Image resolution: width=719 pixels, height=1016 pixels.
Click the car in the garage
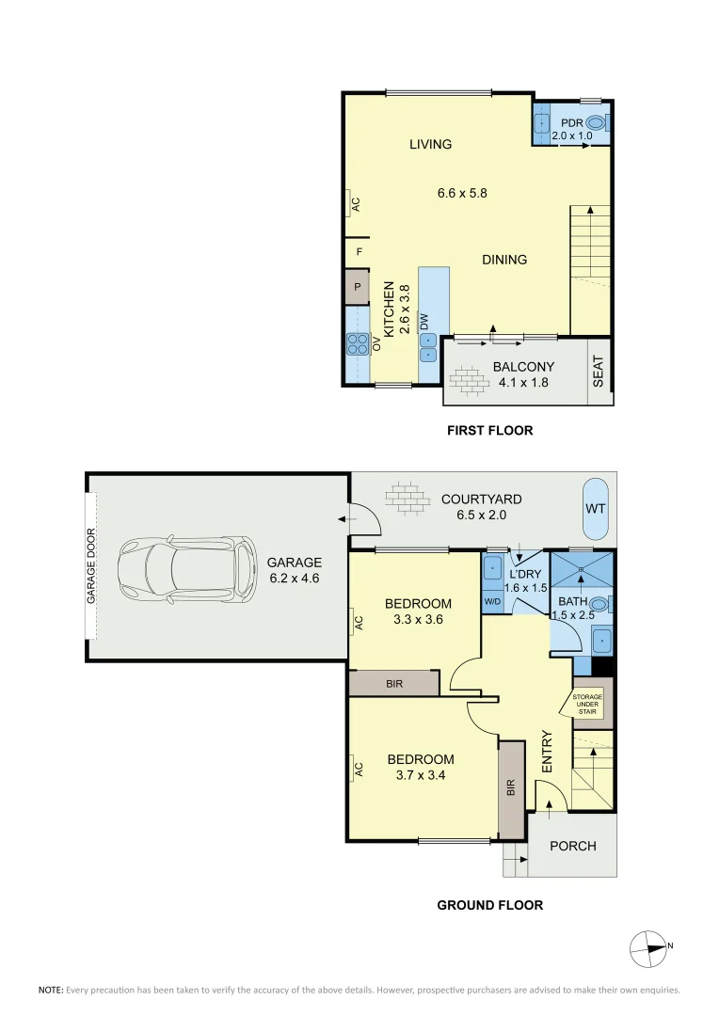pyautogui.click(x=186, y=571)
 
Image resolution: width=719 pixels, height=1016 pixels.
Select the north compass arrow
pyautogui.click(x=650, y=947)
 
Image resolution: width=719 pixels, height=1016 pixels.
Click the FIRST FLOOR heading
pyautogui.click(x=489, y=431)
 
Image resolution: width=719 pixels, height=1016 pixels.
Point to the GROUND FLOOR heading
pyautogui.click(x=489, y=905)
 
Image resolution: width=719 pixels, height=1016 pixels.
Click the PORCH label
pyautogui.click(x=572, y=846)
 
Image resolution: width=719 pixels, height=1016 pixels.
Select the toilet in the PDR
pyautogui.click(x=596, y=122)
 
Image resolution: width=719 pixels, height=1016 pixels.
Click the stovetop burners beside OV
pyautogui.click(x=358, y=344)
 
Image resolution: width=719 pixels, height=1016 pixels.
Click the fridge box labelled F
pyautogui.click(x=359, y=252)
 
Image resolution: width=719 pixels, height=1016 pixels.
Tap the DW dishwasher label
pyautogui.click(x=424, y=321)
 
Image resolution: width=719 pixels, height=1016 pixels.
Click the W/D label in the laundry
pyautogui.click(x=492, y=601)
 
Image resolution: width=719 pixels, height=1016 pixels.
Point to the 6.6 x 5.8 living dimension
pyautogui.click(x=461, y=193)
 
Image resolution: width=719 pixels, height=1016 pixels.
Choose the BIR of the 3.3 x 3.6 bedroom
pyautogui.click(x=393, y=684)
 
